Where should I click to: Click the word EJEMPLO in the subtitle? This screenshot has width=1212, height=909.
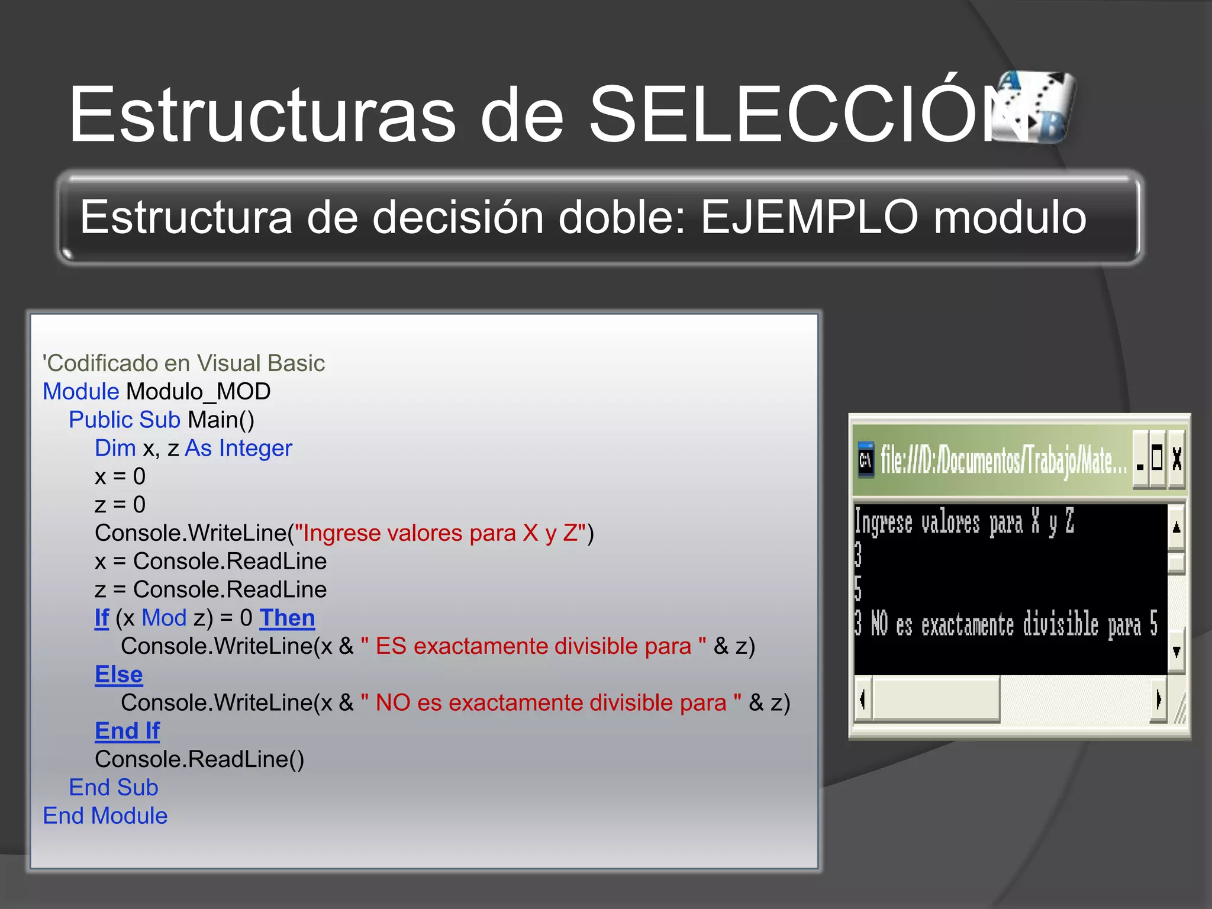coord(809,217)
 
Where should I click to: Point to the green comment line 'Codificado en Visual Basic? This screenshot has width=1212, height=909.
coord(183,363)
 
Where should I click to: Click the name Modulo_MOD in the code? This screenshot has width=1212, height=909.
coord(198,392)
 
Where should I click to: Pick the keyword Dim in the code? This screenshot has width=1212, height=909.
coord(115,448)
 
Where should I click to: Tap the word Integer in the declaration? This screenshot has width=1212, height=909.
coord(256,449)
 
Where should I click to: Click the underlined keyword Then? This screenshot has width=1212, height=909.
coord(287,618)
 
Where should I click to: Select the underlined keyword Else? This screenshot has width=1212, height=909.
coord(119,675)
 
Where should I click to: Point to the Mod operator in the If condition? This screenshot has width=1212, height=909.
coord(164,618)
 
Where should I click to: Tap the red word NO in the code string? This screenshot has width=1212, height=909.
coord(392,703)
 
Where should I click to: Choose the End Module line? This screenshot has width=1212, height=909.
coord(105,816)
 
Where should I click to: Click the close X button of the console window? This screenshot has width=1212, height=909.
coord(1176,459)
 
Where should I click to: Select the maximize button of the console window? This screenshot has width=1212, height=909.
coord(1158,459)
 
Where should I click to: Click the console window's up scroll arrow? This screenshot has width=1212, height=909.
coord(1176,527)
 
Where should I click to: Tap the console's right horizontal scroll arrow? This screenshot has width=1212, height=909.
coord(1158,700)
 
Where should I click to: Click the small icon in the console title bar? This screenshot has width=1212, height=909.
coord(866,460)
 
